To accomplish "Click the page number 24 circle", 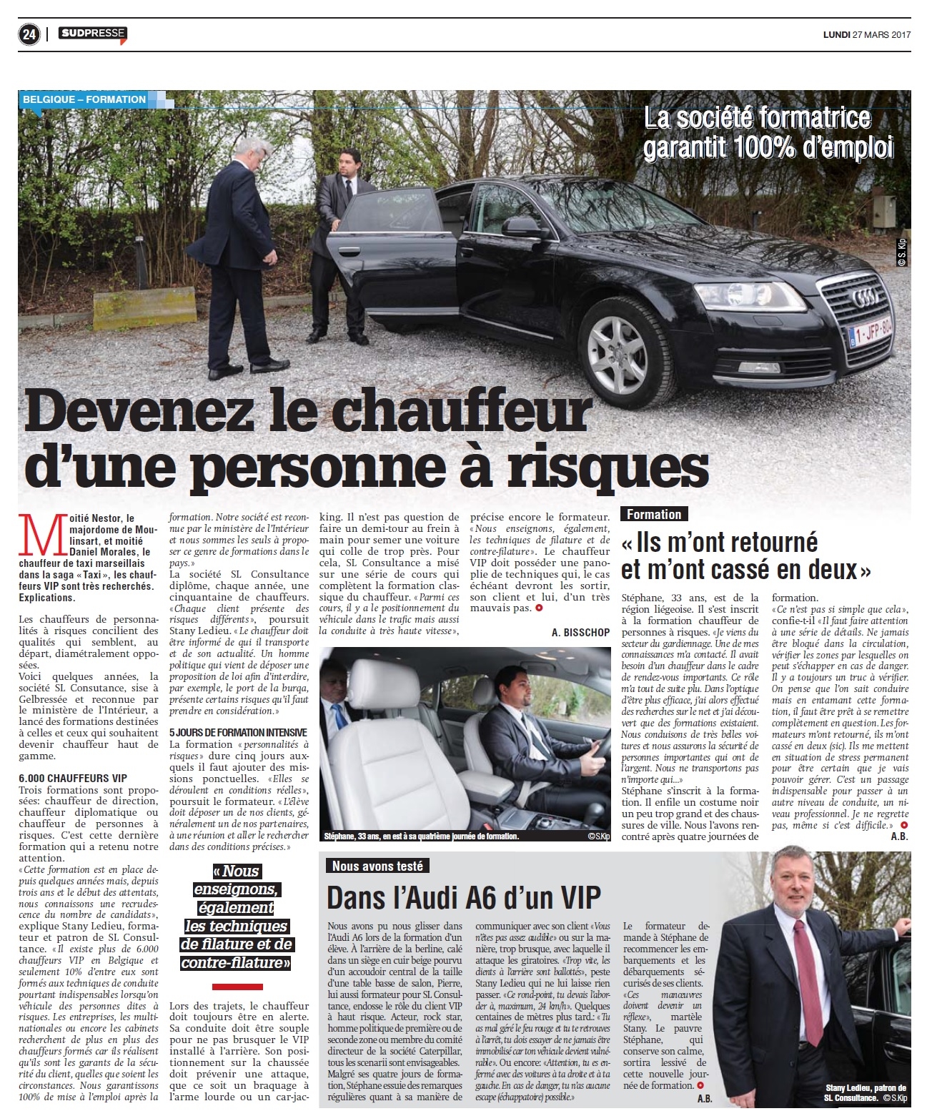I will pyautogui.click(x=29, y=35).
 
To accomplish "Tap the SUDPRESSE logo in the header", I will pyautogui.click(x=93, y=34).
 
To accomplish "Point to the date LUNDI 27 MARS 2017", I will pyautogui.click(x=866, y=35).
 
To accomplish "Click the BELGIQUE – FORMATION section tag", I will pyautogui.click(x=84, y=99).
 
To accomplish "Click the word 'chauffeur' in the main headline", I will pyautogui.click(x=460, y=414).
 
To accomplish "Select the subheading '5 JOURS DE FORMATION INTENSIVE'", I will pyautogui.click(x=238, y=733).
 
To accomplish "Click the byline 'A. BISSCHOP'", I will pyautogui.click(x=580, y=633).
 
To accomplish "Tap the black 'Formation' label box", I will pyautogui.click(x=654, y=514).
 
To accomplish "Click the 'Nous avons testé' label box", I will pyautogui.click(x=377, y=866).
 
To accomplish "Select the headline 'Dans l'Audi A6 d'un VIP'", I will pyautogui.click(x=464, y=897).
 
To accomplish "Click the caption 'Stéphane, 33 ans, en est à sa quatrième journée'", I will pyautogui.click(x=421, y=836).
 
